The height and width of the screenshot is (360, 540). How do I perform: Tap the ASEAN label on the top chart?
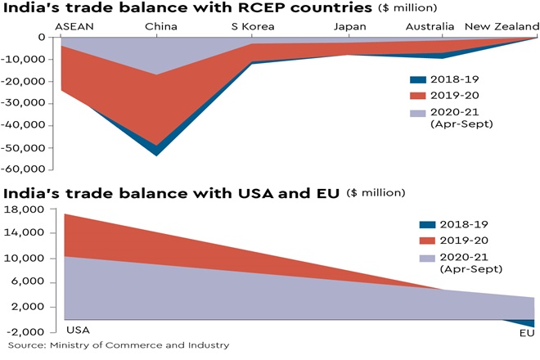coord(73,27)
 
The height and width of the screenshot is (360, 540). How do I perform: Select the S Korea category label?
coord(253,27)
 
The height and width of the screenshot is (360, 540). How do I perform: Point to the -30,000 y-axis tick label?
coord(26,103)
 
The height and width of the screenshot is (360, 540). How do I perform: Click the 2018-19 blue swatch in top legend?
coord(418,79)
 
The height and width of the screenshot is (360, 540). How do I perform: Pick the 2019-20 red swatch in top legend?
coord(418,97)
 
